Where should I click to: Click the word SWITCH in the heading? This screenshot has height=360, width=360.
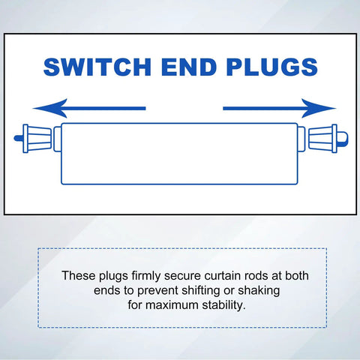[x=97, y=67]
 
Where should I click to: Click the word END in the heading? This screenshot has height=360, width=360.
[x=189, y=67]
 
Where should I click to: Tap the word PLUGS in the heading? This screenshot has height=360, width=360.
[x=272, y=67]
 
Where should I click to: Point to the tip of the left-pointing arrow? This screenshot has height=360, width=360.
[x=33, y=108]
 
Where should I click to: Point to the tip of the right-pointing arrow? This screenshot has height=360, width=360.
[x=336, y=108]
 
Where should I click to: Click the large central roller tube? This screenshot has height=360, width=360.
[x=179, y=154]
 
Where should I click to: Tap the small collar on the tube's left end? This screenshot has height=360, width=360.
[x=58, y=139]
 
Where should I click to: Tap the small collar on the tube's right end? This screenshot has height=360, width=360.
[x=301, y=139]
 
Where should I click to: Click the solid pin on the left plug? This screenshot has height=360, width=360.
[x=18, y=138]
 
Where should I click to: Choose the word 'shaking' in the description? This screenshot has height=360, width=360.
[x=259, y=291]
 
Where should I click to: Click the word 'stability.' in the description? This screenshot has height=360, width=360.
[x=223, y=306]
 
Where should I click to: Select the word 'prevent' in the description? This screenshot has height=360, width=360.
[x=157, y=291]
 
